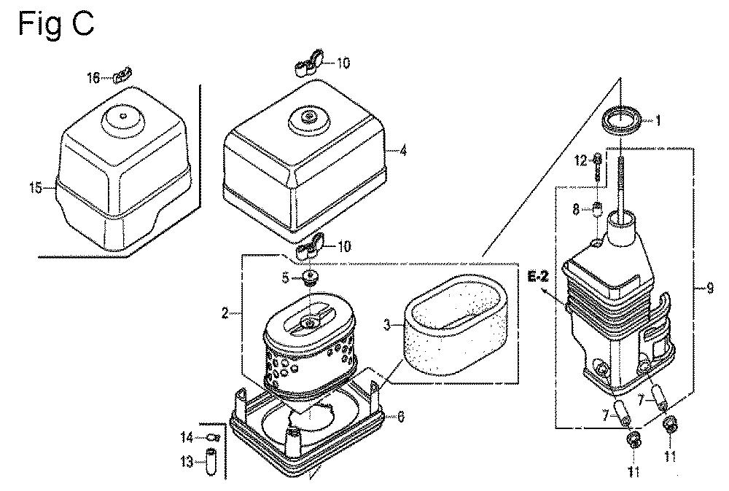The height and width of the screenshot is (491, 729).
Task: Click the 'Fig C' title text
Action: coord(56,25)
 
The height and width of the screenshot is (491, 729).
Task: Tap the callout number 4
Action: coord(403,151)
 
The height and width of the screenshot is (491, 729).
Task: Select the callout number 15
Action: coord(35,188)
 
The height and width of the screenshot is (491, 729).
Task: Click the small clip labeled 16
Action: coord(123,74)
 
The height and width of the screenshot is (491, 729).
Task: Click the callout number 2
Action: coord(225,313)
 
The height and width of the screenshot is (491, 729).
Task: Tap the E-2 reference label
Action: coord(539,277)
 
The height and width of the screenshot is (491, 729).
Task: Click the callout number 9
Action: coord(709,288)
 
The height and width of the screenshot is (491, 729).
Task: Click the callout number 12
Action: coord(581,161)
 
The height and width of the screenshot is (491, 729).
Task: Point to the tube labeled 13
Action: coord(211,460)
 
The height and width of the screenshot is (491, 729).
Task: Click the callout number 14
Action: coord(187,437)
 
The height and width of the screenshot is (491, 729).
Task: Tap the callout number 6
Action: coord(400,416)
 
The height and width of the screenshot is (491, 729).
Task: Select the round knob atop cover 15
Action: coord(123,117)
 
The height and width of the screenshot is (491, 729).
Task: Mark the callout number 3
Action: coord(386,325)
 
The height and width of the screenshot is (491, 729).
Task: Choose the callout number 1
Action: coord(658,121)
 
